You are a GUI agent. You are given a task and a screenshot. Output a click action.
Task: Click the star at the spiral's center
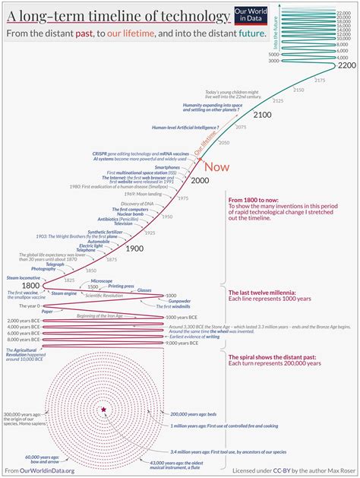click(103, 410)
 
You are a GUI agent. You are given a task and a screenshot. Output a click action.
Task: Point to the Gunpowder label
click(178, 302)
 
